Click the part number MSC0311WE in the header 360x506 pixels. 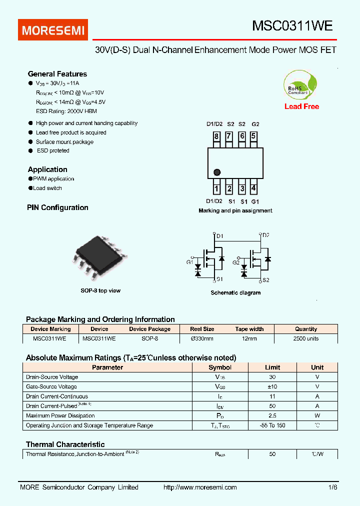[x=292, y=26]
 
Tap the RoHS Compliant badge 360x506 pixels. [x=300, y=86]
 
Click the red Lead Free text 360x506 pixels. [x=301, y=106]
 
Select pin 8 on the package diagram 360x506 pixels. [x=216, y=136]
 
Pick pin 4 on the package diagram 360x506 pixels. [x=254, y=188]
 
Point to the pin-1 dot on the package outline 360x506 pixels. [x=217, y=172]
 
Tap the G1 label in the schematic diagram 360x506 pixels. [x=190, y=262]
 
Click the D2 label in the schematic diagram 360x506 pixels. [x=265, y=235]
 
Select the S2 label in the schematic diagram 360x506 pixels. [x=265, y=280]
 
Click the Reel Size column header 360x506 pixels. [x=202, y=329]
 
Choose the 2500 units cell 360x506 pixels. [x=306, y=338]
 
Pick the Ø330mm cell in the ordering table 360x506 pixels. [x=202, y=338]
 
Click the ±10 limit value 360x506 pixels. [x=272, y=386]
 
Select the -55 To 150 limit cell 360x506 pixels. [x=272, y=425]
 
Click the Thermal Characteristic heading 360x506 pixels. [x=65, y=444]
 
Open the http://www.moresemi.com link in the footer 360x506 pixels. [x=200, y=487]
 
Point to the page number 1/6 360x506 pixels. [x=333, y=487]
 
